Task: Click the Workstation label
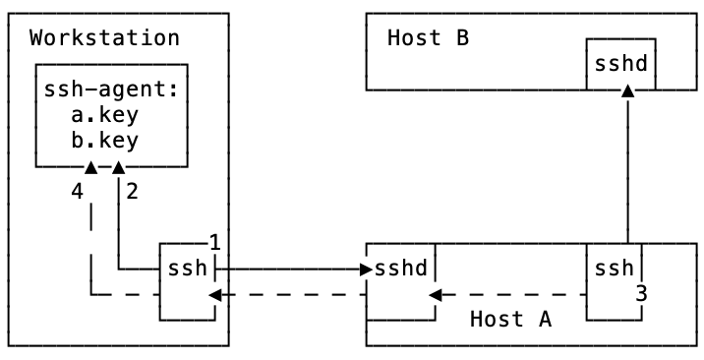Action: click(x=104, y=38)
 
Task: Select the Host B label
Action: click(x=428, y=38)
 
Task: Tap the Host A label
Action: click(x=510, y=319)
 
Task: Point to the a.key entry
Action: click(x=104, y=114)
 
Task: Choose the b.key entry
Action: click(x=104, y=139)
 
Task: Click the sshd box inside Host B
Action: click(x=620, y=64)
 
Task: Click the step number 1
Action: click(x=214, y=241)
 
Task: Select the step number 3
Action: click(x=640, y=292)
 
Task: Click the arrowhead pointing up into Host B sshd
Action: click(x=627, y=90)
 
